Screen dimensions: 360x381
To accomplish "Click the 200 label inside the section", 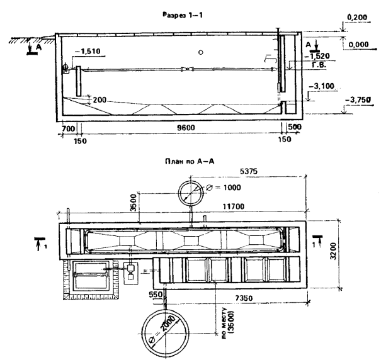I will (x=100, y=99).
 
